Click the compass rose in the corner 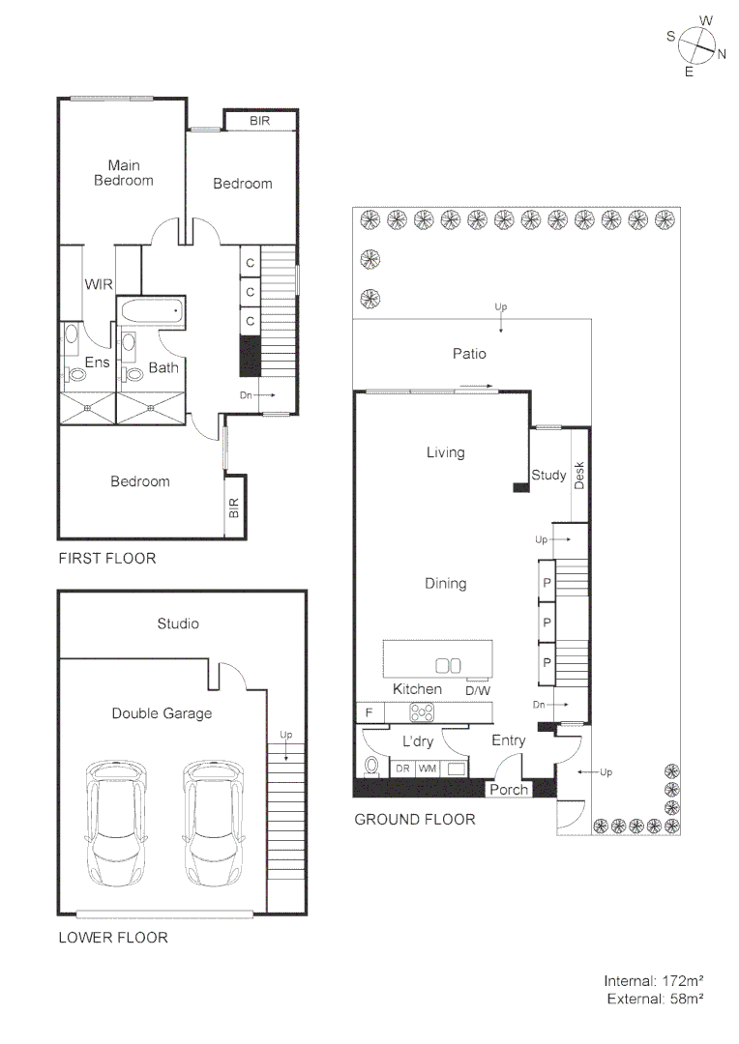tap(696, 44)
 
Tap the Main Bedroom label tap(123, 173)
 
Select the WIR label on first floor tap(98, 285)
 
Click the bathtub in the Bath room tap(153, 312)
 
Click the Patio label tap(469, 354)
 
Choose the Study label tap(548, 475)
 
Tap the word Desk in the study tap(579, 475)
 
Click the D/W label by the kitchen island tap(477, 690)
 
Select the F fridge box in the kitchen tap(369, 713)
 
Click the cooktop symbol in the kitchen tap(424, 713)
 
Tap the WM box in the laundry tap(427, 768)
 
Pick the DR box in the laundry tap(402, 768)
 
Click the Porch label tap(509, 790)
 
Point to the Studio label tap(178, 623)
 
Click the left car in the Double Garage tap(116, 821)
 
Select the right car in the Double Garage tap(213, 821)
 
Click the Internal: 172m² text tap(654, 980)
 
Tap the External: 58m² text tap(655, 999)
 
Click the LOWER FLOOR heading tap(113, 938)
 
